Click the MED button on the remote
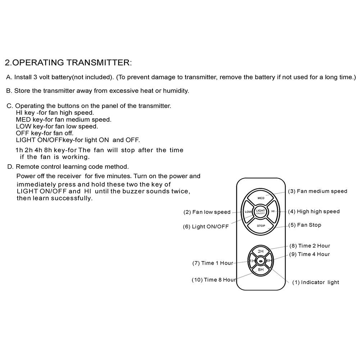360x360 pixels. (x=261, y=198)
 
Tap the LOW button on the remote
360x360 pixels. (x=248, y=212)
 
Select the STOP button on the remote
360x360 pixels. (x=261, y=226)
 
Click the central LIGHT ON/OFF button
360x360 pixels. (x=261, y=212)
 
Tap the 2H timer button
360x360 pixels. (x=261, y=251)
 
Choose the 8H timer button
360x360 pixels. (x=261, y=269)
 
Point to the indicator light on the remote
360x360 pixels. (x=261, y=260)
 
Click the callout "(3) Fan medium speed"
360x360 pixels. (x=317, y=191)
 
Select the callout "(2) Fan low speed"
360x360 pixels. (x=207, y=212)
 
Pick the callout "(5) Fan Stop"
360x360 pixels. (x=304, y=225)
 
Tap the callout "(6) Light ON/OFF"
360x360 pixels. (x=205, y=227)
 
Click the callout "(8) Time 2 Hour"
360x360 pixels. (x=310, y=246)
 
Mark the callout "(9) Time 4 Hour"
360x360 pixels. (x=309, y=254)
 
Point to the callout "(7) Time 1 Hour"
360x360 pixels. (x=213, y=263)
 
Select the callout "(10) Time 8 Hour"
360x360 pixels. (x=214, y=280)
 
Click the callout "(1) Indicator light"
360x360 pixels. (x=315, y=282)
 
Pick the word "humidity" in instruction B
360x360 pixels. (x=176, y=91)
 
